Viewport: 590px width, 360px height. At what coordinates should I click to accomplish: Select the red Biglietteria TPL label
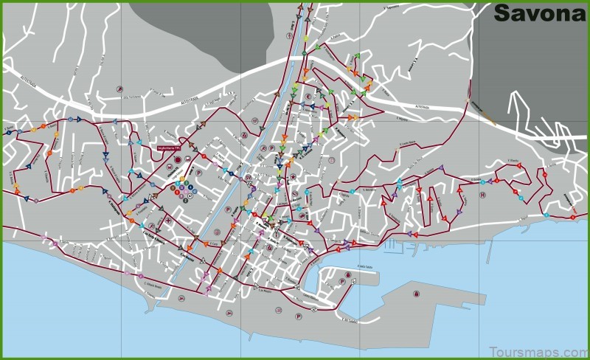click(171, 148)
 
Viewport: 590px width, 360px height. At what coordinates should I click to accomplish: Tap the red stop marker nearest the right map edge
click(574, 217)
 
